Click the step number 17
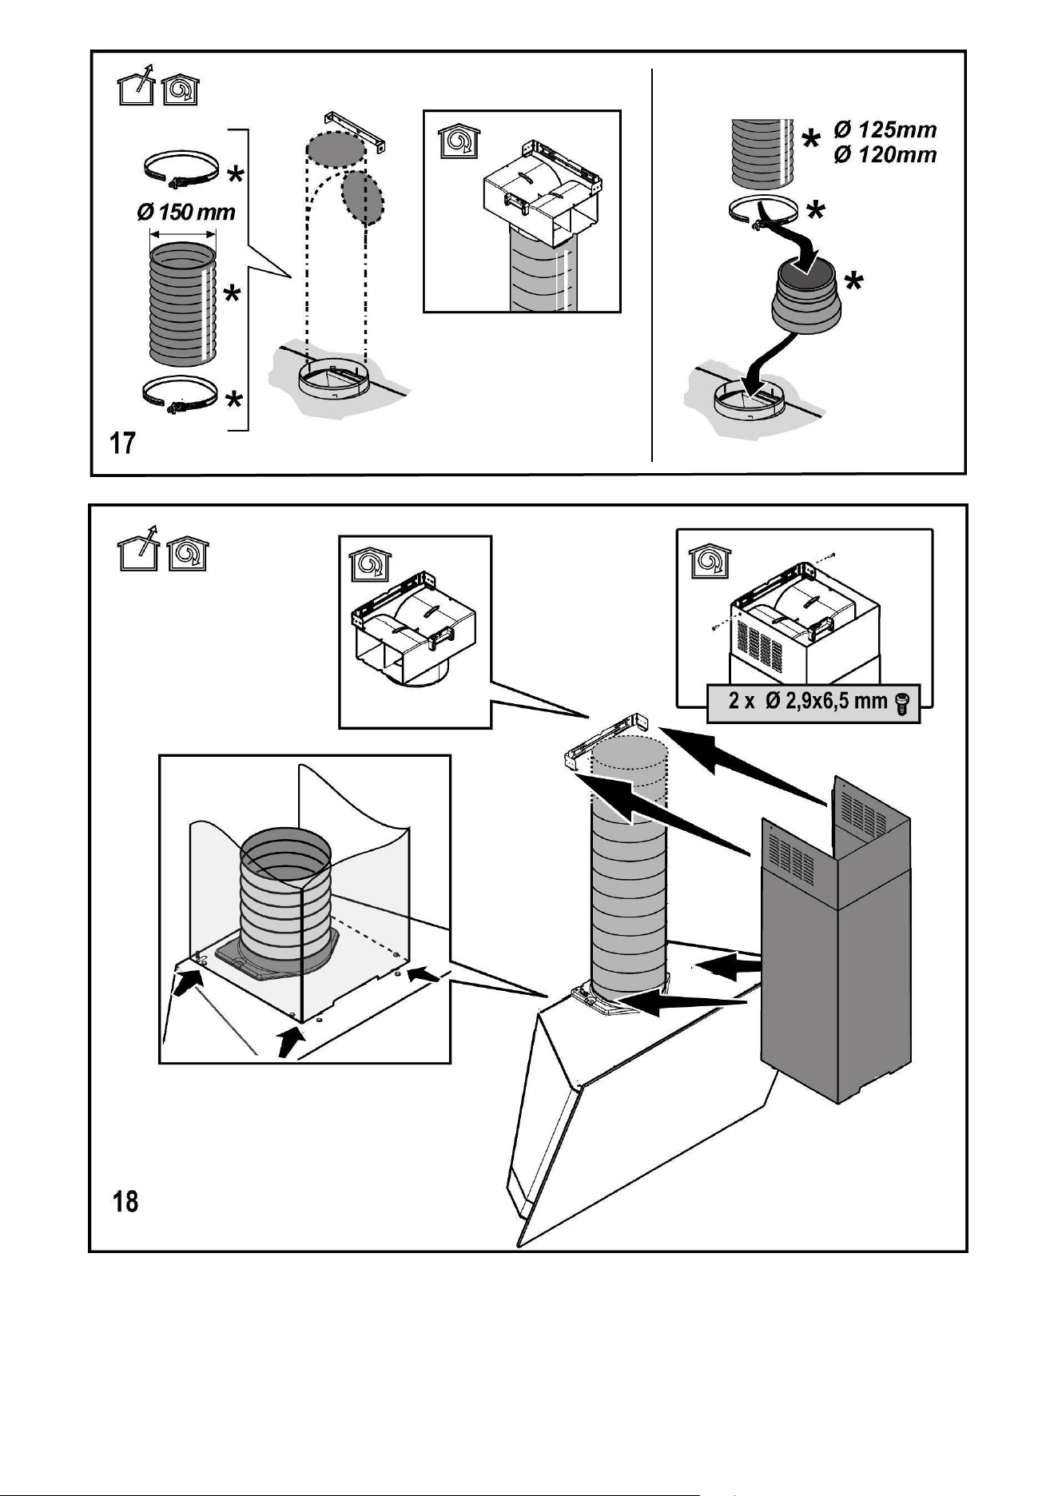122,443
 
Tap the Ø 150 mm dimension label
186,213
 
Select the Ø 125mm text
885,129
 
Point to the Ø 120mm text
885,154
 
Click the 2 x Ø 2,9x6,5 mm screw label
808,702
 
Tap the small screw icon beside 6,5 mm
902,703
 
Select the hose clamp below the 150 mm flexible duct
181,394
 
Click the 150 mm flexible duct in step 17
182,304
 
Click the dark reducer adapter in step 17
805,300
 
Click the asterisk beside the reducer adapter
855,281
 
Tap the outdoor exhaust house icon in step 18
137,551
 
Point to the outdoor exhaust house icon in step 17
133,87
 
